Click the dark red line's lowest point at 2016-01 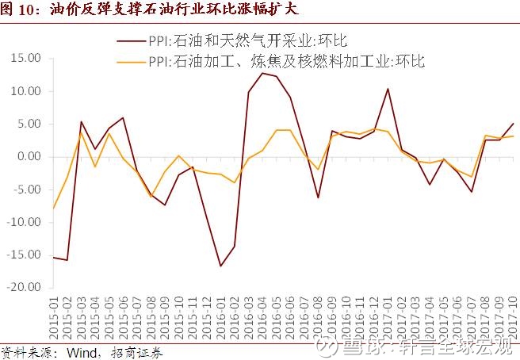pyautogui.click(x=220, y=266)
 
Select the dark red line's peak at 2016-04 pyautogui.click(x=262, y=73)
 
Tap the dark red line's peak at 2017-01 pyautogui.click(x=387, y=88)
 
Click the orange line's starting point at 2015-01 pyautogui.click(x=54, y=208)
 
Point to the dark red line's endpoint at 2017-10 pyautogui.click(x=511, y=123)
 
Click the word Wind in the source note pyautogui.click(x=79, y=352)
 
